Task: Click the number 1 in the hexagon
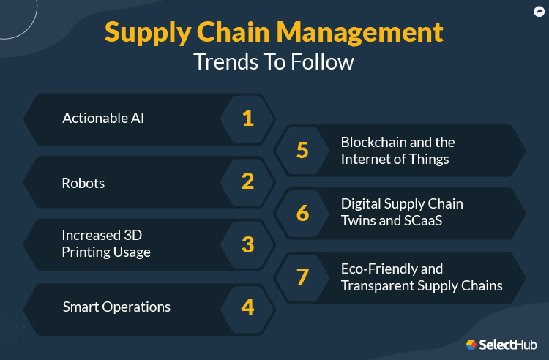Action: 247,118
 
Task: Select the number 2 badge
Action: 247,181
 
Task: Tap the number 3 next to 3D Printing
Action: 247,244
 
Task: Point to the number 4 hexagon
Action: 247,307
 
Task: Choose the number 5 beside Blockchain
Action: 302,150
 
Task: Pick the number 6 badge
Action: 302,213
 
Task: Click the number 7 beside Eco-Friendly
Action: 302,277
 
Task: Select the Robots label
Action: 83,183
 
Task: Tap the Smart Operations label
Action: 116,307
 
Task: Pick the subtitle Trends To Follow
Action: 274,62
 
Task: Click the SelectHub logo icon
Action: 471,344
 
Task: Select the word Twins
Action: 360,221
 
